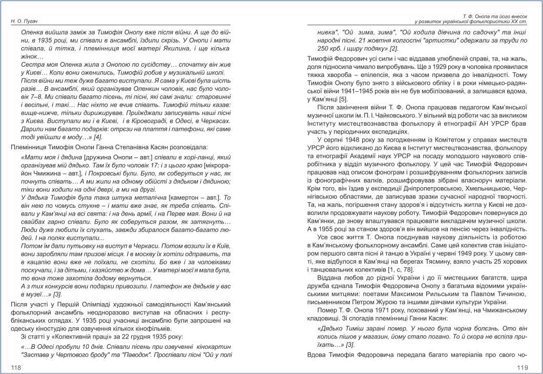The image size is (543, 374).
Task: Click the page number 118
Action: (x=16, y=367)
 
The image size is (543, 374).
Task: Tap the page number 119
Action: (x=523, y=367)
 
